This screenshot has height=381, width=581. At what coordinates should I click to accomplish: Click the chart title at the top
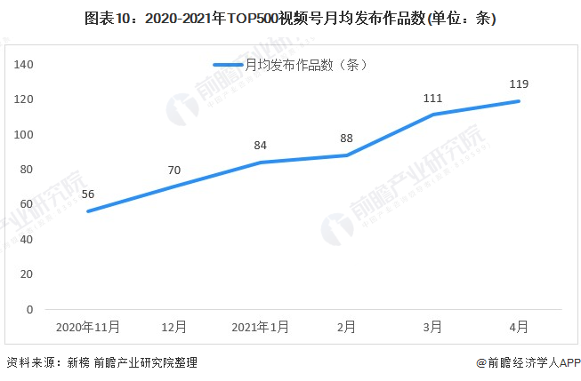pos(290,18)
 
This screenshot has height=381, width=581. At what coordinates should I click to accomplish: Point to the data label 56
pos(87,194)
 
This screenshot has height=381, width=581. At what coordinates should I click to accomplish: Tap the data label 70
pos(173,170)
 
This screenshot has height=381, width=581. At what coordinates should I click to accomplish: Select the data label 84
pos(260,146)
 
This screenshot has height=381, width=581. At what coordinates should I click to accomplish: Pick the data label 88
pos(346,139)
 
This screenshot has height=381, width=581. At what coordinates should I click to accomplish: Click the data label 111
pos(433,98)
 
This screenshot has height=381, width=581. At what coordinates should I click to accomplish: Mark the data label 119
pos(520,84)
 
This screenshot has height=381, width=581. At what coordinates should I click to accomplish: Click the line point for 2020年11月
pos(87,211)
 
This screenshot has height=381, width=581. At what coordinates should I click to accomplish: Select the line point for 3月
pos(433,115)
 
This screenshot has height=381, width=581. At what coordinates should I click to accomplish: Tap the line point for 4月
pos(520,100)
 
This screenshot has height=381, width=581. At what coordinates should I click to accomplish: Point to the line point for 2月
pos(346,155)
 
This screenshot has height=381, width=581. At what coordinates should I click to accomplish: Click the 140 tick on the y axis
pos(24,64)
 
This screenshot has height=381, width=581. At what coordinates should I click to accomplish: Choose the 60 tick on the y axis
pos(27,204)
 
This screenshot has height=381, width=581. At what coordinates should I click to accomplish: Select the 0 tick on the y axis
pos(29,309)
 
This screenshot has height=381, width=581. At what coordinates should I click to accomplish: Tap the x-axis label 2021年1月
pos(260,327)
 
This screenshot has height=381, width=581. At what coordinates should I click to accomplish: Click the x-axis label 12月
pos(173,327)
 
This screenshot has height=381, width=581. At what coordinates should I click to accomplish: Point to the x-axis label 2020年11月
pos(87,327)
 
